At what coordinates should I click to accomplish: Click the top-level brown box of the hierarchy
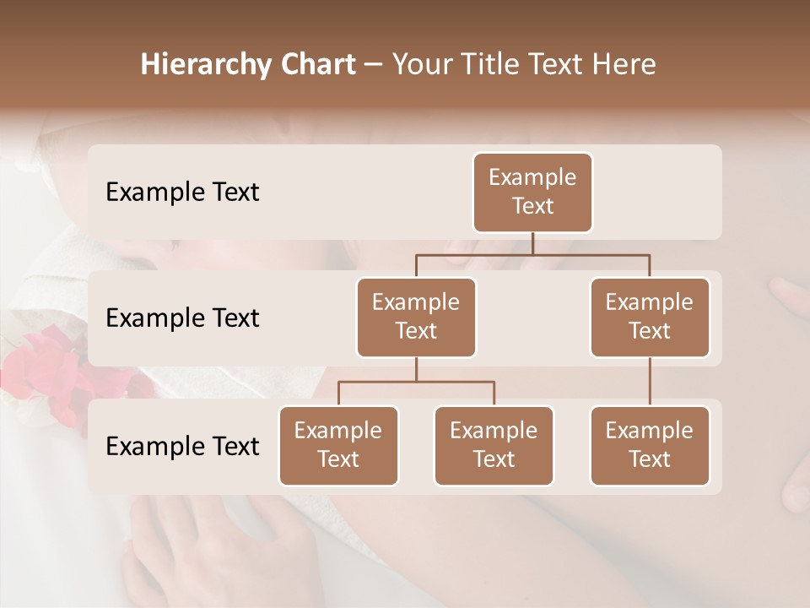tap(532, 193)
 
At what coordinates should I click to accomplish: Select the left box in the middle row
tap(416, 318)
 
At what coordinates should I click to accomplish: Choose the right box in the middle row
tap(650, 318)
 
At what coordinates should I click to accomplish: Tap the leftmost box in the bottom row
tap(338, 446)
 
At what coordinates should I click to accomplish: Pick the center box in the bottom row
tap(494, 446)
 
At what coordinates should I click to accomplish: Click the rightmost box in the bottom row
tap(650, 446)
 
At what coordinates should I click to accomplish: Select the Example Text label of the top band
tap(182, 193)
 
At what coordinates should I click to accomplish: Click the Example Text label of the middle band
tap(182, 318)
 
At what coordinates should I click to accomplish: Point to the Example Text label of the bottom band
tap(182, 446)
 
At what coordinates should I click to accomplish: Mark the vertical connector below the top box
tap(532, 243)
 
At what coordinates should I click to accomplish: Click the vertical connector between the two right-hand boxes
tap(650, 382)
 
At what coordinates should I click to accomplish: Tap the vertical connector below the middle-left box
tap(416, 369)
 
